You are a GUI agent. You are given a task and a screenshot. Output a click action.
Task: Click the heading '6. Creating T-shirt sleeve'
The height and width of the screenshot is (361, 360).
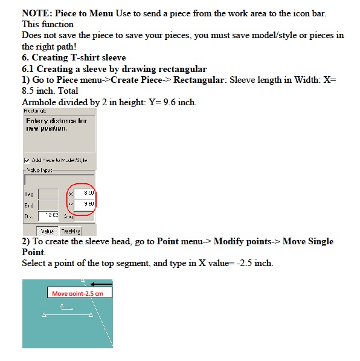pos(74,58)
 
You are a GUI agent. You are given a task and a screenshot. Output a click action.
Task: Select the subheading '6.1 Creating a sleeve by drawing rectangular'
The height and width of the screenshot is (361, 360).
pos(114,69)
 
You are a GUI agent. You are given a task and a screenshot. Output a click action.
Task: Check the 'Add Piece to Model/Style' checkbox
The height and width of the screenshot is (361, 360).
pos(27,160)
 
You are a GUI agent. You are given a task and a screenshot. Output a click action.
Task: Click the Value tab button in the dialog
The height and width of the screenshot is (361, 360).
pos(47,230)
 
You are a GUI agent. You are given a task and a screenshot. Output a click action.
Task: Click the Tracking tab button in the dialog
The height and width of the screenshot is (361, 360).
pos(69,230)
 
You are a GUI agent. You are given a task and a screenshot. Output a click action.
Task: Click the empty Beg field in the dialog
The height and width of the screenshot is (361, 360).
pos(48,194)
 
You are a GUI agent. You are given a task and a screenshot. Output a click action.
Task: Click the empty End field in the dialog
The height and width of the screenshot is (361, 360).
pos(48,205)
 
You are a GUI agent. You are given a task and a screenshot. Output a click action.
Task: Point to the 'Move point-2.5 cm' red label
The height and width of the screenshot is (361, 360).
pos(79,293)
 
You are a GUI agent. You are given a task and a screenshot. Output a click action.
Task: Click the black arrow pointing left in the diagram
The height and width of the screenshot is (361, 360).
pos(102,284)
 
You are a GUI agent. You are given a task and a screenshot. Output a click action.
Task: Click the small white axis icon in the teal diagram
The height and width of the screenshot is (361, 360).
pos(65,310)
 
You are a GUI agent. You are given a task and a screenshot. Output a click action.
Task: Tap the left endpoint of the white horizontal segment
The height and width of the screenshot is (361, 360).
pos(44,316)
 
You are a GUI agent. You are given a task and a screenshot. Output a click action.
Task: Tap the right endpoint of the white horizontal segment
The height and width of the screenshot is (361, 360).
pos(91,316)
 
